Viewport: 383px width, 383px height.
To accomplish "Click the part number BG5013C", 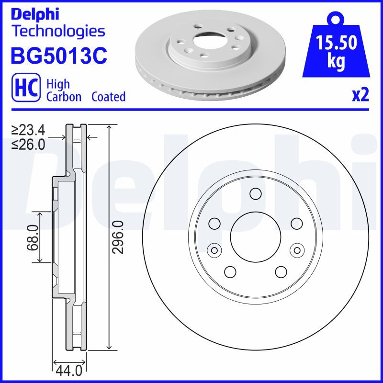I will (58, 56).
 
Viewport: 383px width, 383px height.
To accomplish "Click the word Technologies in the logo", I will (57, 31).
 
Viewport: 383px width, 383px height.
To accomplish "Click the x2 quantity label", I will (360, 96).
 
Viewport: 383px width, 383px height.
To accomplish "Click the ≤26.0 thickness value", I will (29, 144).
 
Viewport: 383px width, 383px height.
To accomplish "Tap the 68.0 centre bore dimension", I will (33, 237).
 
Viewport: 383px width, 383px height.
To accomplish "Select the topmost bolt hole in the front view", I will (255, 193).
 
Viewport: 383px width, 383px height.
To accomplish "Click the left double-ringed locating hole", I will (214, 249).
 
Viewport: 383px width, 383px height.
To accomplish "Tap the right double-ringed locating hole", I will (297, 249).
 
